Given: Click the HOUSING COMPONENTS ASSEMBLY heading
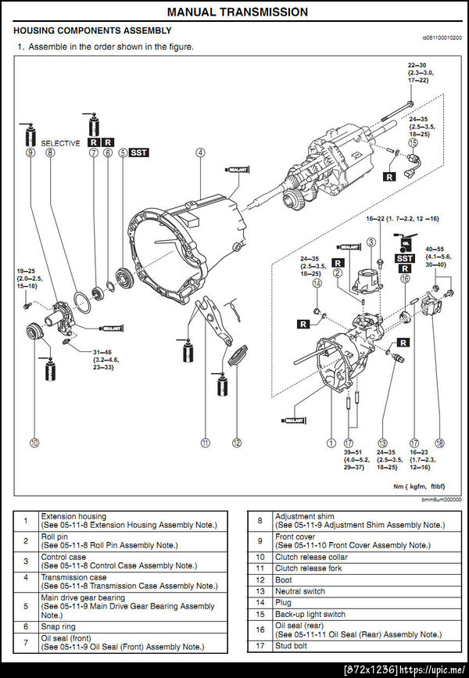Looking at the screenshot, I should (92, 30).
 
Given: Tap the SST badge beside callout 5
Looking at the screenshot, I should (139, 153).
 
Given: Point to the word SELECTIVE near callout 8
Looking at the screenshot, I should (61, 143).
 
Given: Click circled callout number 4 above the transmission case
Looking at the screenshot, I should (201, 153).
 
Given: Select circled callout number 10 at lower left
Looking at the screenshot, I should (34, 443).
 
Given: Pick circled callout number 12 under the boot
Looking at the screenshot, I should (237, 443).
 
